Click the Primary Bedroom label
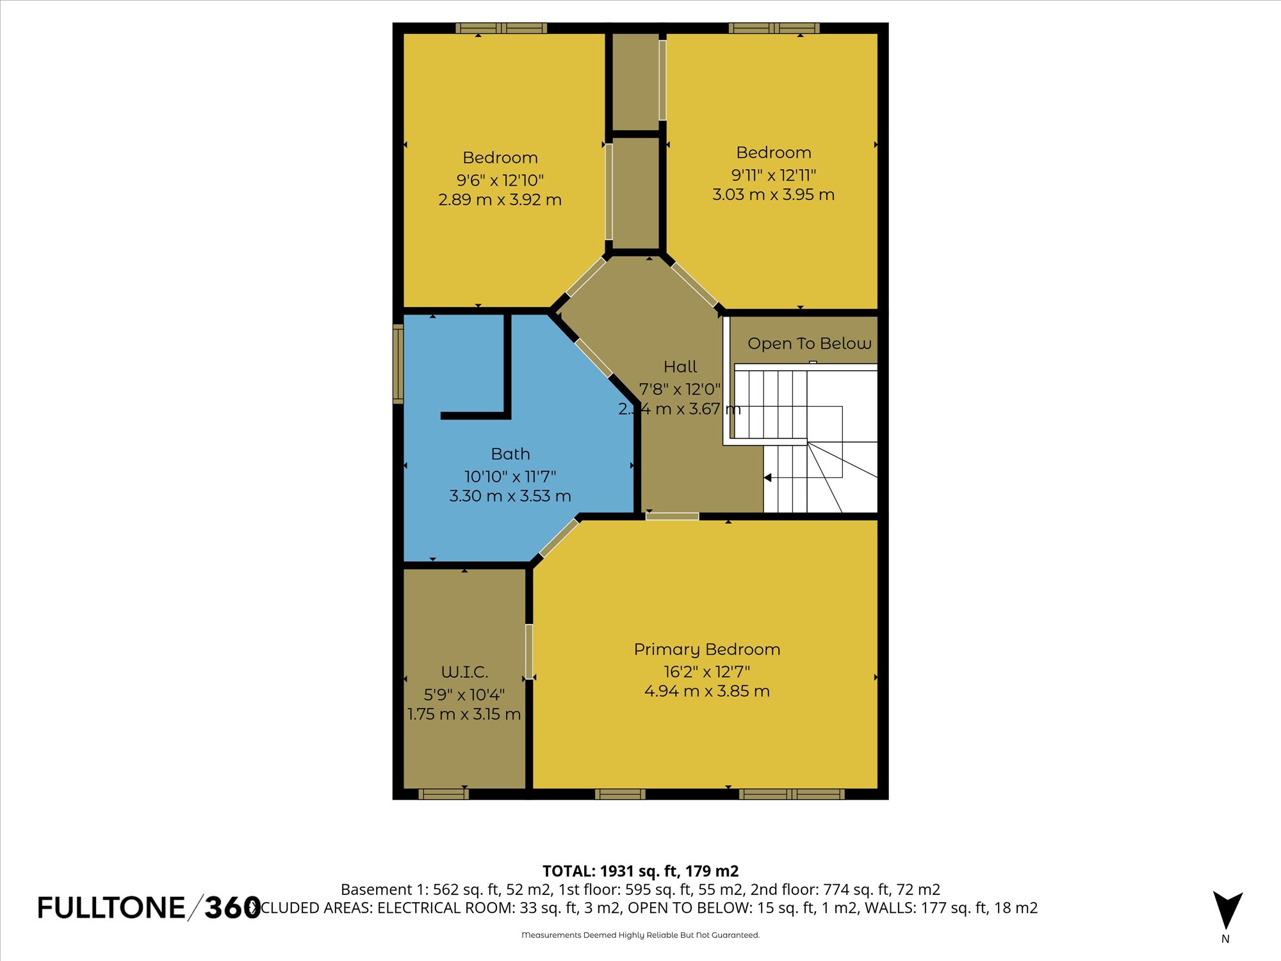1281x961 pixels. click(x=707, y=649)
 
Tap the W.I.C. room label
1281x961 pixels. click(x=464, y=672)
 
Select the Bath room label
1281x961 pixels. click(x=510, y=454)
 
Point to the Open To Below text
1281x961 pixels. click(x=809, y=343)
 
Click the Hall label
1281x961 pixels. click(x=680, y=366)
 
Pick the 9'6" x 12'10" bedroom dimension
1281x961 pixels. click(x=500, y=180)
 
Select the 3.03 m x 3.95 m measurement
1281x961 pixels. click(x=773, y=195)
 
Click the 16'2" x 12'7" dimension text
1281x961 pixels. click(x=706, y=671)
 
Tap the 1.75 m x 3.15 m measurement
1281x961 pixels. click(x=464, y=714)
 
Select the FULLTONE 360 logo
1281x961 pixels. click(x=149, y=908)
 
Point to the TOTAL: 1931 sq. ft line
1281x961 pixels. click(x=640, y=871)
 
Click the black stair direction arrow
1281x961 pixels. click(x=767, y=477)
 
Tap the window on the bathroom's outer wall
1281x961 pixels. click(x=398, y=363)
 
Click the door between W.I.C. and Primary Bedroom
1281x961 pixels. click(x=529, y=651)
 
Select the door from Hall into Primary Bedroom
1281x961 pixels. click(x=672, y=516)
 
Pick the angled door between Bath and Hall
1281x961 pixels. click(x=594, y=358)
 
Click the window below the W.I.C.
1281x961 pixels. click(x=443, y=794)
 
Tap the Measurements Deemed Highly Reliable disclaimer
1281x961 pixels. click(x=640, y=935)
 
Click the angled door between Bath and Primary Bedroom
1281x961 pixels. click(x=559, y=537)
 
